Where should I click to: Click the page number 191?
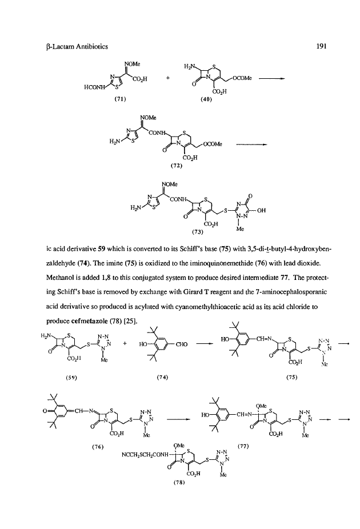point(321,46)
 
